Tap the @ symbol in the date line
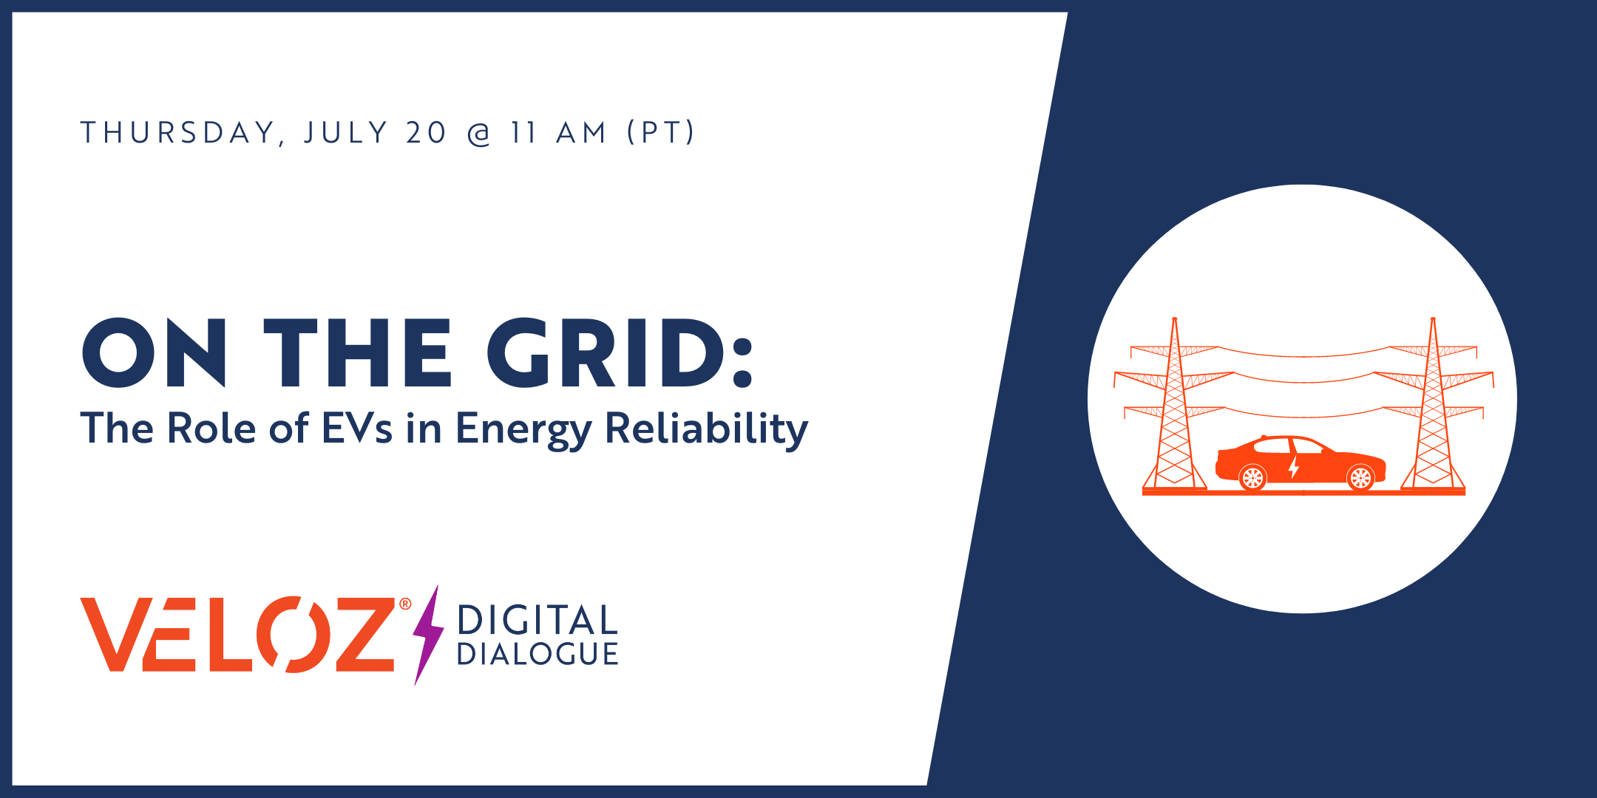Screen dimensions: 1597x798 (479, 134)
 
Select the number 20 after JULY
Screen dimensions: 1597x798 (427, 133)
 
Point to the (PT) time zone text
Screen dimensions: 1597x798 (661, 133)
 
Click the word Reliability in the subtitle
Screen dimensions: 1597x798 (707, 429)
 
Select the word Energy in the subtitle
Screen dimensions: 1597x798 (523, 430)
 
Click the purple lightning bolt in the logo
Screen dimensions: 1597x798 (427, 635)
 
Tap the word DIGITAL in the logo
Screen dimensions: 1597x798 (538, 620)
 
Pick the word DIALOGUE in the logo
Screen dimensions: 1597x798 (538, 654)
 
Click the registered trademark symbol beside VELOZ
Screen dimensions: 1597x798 (405, 604)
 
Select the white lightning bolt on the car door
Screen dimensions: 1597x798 (1294, 467)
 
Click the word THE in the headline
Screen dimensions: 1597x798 (357, 353)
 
